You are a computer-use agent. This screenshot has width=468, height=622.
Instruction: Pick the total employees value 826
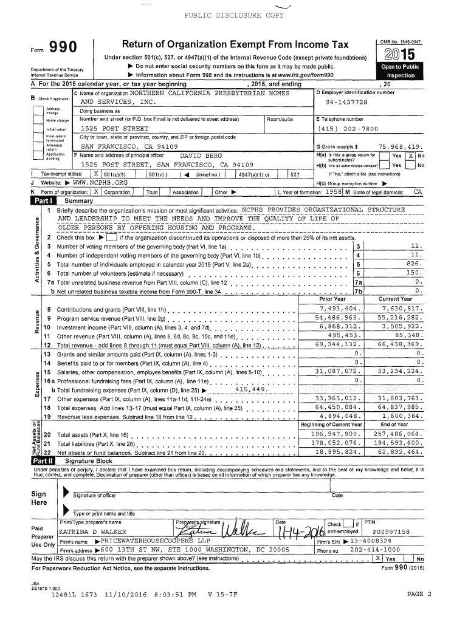(x=413, y=264)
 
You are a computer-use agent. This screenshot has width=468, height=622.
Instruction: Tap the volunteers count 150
(x=413, y=273)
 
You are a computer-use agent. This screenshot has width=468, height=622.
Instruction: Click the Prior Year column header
(x=332, y=299)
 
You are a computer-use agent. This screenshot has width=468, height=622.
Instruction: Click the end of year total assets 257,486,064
(x=399, y=434)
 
